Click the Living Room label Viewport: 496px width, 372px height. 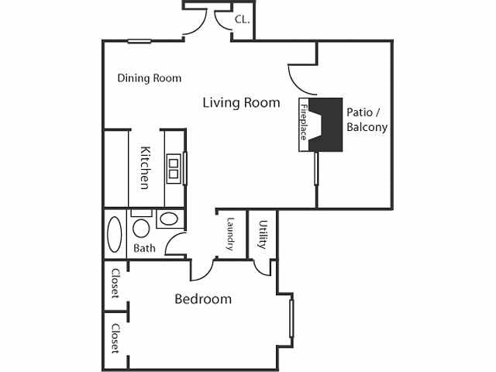point(241,102)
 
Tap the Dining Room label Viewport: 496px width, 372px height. point(149,78)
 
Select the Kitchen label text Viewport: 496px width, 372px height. point(144,168)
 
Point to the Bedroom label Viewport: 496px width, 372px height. point(202,299)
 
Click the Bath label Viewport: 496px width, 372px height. point(144,249)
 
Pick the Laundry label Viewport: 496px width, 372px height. point(230,233)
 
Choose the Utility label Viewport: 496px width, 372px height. point(263,235)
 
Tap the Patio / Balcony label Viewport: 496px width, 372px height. point(367,119)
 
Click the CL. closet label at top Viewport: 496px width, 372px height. point(242,19)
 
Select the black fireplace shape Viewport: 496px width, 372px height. point(331,124)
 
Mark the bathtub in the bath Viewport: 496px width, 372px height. point(115,234)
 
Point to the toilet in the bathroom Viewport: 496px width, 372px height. point(141,227)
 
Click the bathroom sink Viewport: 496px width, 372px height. point(167,219)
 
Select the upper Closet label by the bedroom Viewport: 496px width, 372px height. point(115,284)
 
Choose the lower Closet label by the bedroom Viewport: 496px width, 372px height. point(115,339)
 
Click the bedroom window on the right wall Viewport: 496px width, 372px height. point(291,318)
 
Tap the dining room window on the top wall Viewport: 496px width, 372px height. point(139,41)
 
